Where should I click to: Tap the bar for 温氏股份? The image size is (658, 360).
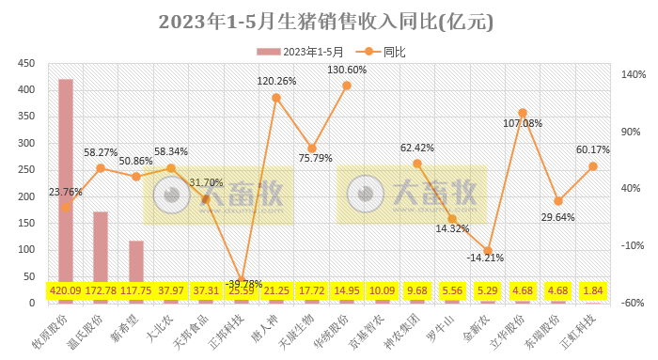(101, 249)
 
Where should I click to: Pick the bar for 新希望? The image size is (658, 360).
(136, 268)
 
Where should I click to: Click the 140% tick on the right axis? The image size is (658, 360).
(632, 74)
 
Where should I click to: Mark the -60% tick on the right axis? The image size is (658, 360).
(632, 303)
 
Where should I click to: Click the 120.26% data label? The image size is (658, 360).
(276, 82)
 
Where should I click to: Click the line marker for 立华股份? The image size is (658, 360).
(523, 113)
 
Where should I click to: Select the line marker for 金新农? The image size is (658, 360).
(488, 251)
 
